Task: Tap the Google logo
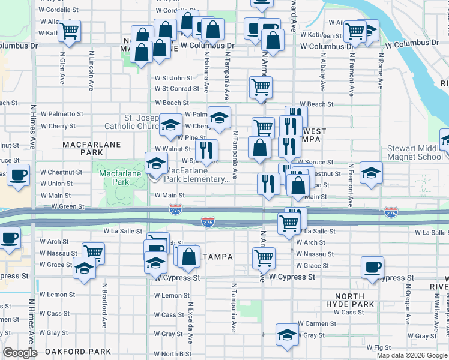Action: click(x=20, y=353)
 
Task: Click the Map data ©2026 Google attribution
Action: click(x=411, y=355)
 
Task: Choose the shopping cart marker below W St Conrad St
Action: click(x=261, y=87)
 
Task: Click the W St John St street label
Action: click(x=173, y=78)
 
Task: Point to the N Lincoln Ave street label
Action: click(x=91, y=67)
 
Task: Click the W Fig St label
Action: click(x=378, y=347)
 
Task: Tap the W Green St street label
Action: click(x=68, y=206)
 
